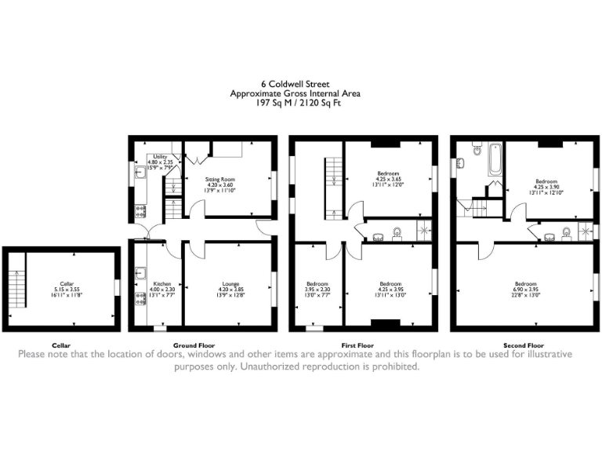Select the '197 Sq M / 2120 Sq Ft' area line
pos(301,102)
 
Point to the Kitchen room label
pos(161,284)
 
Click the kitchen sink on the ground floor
pos(138,274)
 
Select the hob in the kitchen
pos(138,310)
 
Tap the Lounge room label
pos(230,284)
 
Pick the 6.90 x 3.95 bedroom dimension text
pos(524,290)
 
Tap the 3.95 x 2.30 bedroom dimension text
pos(317,290)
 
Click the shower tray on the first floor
pos(424,230)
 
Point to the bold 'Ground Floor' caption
pos(194,345)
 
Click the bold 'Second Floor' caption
pos(524,345)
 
